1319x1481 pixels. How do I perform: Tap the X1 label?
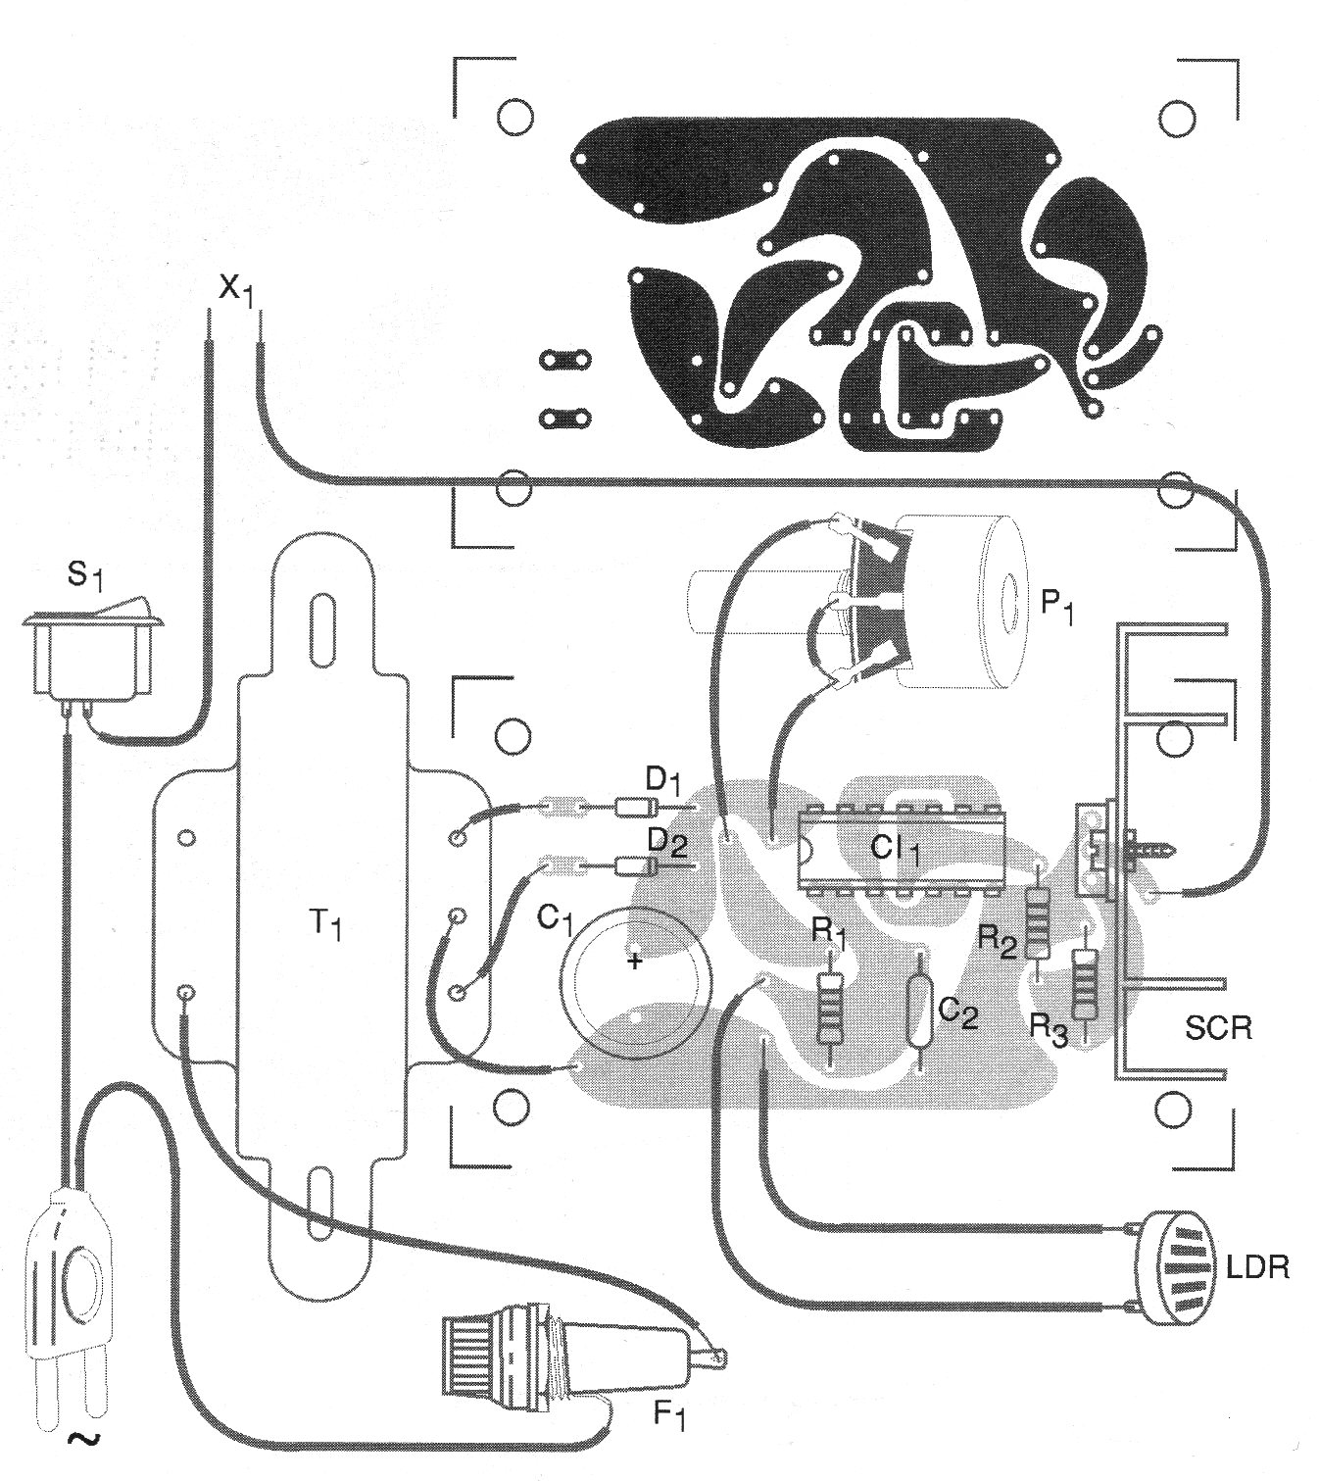click(x=236, y=291)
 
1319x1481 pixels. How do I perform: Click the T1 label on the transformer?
click(x=325, y=924)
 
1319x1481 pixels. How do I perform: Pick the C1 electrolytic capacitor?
click(x=635, y=983)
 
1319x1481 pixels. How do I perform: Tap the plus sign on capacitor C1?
click(x=635, y=961)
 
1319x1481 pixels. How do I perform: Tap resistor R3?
click(x=1082, y=984)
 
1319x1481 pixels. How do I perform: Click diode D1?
click(x=631, y=807)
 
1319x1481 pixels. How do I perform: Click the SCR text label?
click(x=1217, y=1028)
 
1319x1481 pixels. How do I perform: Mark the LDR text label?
click(x=1258, y=1267)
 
